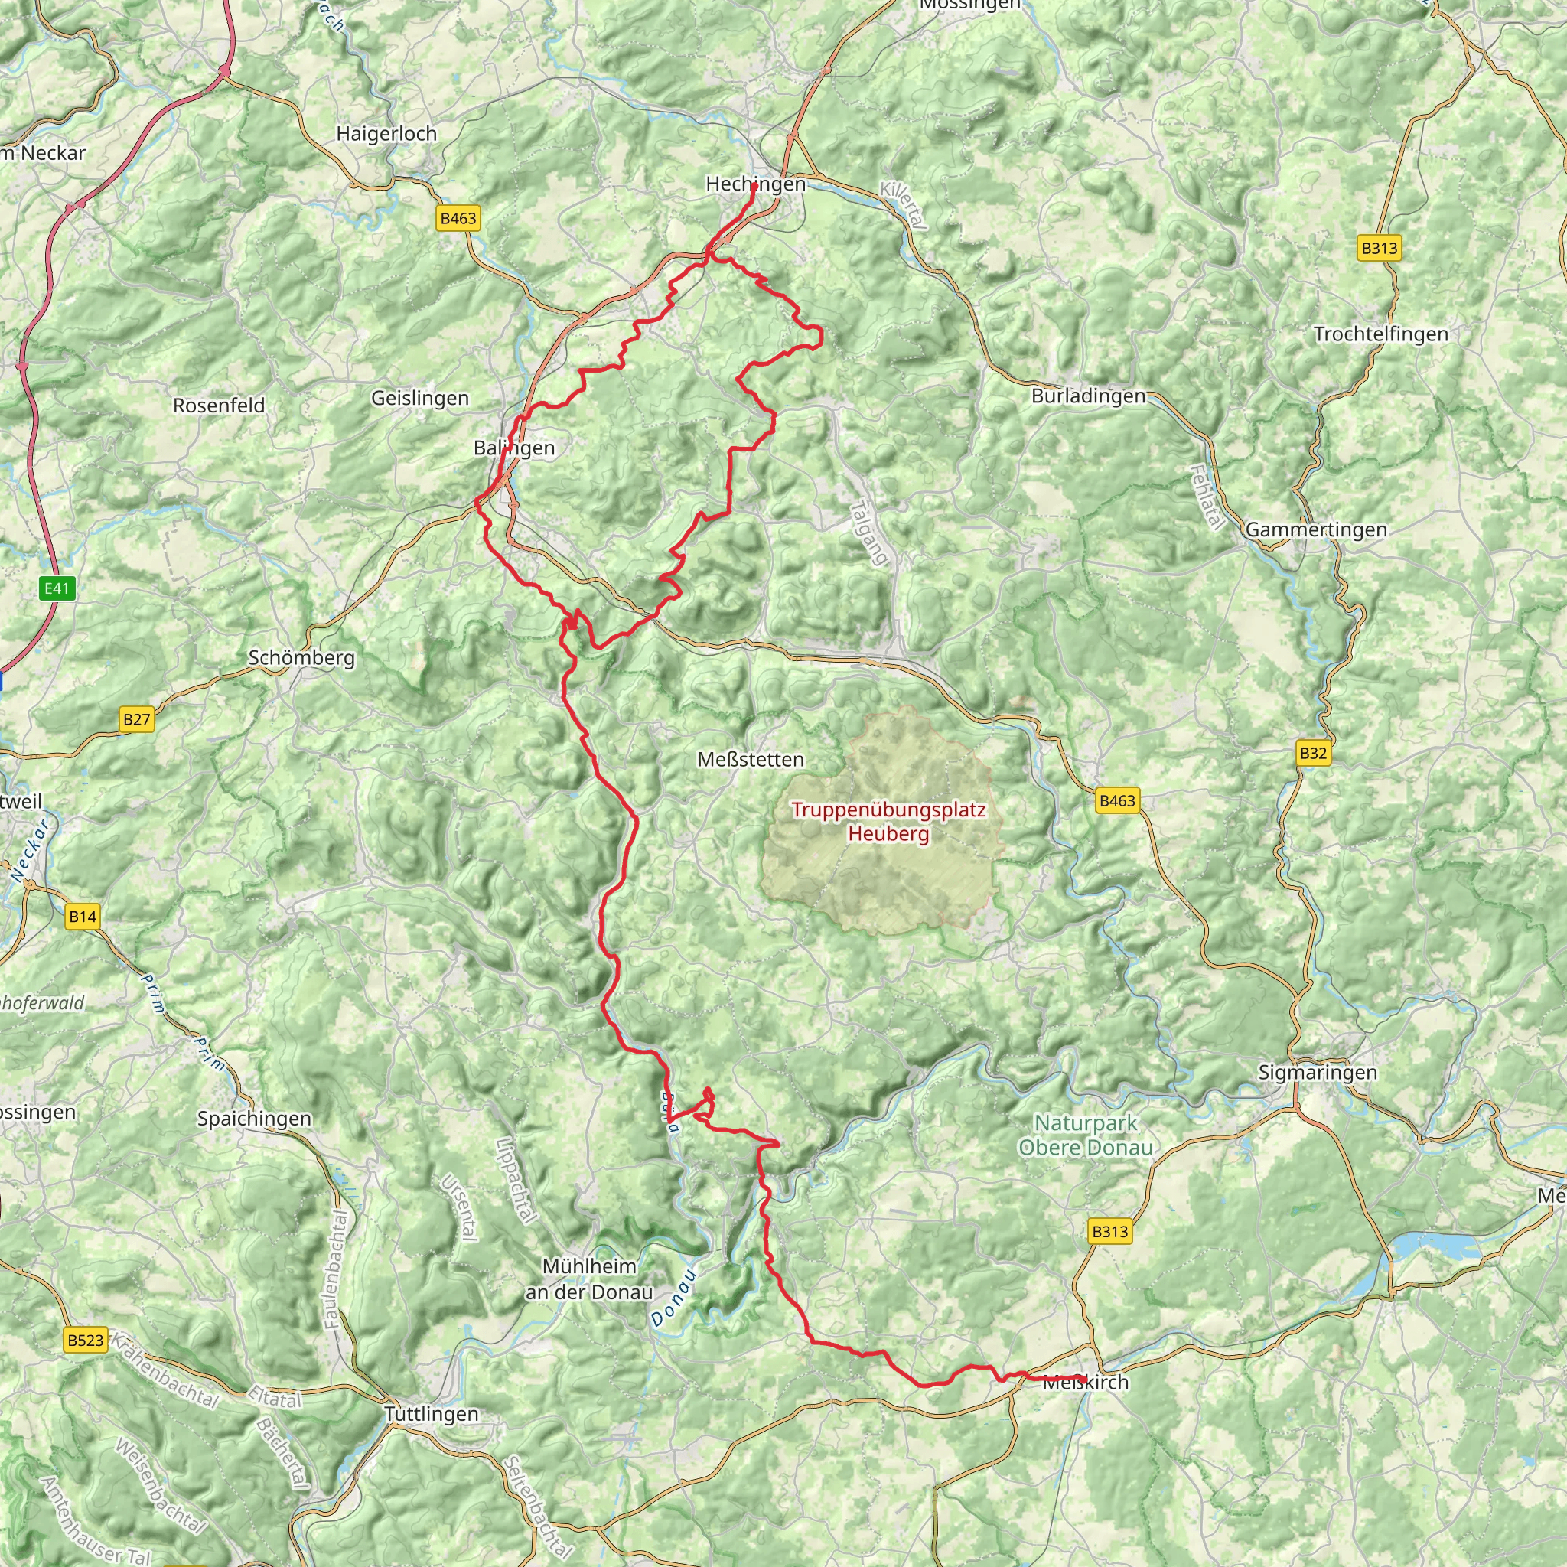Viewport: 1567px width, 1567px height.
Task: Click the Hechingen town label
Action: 755,184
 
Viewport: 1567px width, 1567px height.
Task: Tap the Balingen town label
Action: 514,448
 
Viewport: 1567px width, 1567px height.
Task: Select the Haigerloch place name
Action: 387,134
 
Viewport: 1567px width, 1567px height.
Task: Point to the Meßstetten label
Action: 751,759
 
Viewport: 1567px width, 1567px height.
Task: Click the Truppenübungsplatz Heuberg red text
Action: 888,821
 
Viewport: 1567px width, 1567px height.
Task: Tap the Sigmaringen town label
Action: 1318,1072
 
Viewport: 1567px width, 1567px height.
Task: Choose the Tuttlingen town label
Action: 432,1414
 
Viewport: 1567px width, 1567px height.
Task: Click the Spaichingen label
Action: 254,1119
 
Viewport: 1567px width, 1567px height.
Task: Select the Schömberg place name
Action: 301,658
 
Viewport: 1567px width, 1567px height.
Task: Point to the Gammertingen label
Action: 1315,529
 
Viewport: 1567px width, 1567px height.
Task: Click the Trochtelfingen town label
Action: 1380,334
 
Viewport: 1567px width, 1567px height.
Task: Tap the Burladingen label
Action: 1089,396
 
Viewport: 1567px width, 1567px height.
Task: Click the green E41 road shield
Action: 57,588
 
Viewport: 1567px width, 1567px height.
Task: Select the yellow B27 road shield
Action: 136,718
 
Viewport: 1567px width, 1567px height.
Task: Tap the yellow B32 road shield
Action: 1312,753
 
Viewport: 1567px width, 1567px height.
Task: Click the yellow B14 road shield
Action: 82,917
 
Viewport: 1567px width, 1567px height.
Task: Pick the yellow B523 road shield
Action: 85,1340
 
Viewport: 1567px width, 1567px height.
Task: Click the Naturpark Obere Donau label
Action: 1085,1135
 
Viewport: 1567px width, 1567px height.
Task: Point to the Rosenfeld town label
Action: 219,406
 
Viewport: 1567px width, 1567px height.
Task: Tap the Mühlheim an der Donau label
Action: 589,1279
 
